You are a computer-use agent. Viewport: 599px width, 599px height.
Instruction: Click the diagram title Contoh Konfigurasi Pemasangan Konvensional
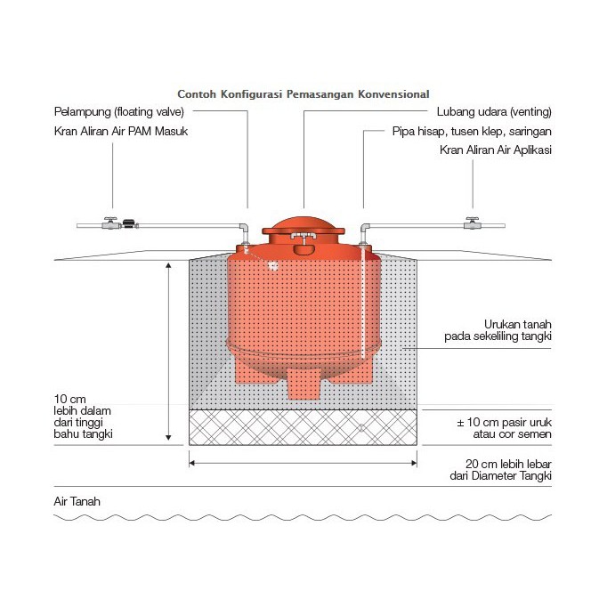coord(304,94)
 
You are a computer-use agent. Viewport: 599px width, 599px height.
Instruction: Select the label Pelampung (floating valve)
coord(119,112)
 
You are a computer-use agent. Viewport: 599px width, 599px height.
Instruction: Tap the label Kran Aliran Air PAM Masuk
coord(121,132)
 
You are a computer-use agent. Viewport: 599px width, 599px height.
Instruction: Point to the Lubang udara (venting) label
coord(494,112)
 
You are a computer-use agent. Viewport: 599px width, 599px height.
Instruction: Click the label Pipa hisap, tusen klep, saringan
coord(472,132)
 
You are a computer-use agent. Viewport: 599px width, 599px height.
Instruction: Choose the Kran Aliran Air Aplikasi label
coord(496,150)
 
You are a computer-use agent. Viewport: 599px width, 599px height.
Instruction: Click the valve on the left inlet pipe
coord(110,223)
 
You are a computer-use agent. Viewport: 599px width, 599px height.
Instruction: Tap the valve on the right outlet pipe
coord(473,223)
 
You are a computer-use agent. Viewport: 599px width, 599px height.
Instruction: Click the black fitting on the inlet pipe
coord(129,224)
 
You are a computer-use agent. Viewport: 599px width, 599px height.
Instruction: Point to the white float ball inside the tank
coord(272,265)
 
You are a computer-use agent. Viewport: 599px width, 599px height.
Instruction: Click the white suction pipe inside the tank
coord(363,302)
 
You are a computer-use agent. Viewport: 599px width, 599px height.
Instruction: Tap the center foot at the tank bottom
coord(304,384)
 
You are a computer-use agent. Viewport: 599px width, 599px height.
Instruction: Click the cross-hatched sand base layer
coord(303,427)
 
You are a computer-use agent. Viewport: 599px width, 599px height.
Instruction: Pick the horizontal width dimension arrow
coord(303,463)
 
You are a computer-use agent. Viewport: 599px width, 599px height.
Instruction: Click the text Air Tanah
coord(77,501)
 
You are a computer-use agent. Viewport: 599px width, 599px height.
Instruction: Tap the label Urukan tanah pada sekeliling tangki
coord(498,330)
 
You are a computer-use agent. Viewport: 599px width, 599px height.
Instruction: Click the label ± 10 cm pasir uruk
coord(505,422)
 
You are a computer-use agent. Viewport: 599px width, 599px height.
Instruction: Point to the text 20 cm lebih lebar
coord(508,464)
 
